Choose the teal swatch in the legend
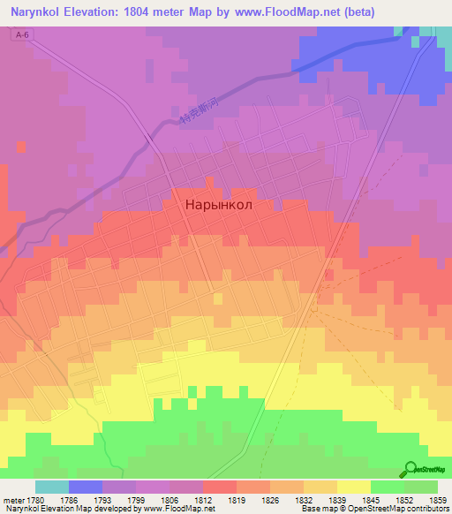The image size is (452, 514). [x=52, y=487]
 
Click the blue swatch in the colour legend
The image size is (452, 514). [x=86, y=487]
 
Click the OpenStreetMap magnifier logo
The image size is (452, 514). [x=411, y=469]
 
